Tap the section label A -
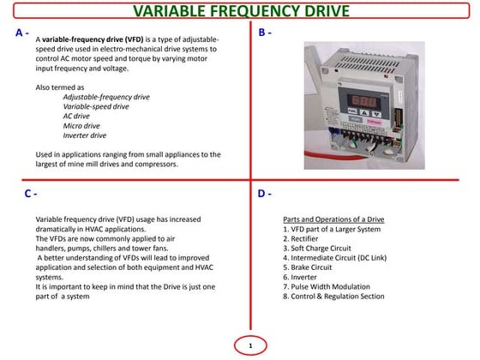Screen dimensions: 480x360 [22, 33]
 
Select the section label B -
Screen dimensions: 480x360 [265, 33]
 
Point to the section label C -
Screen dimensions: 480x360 [31, 194]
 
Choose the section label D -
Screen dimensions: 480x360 [265, 194]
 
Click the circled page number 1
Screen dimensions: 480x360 [250, 345]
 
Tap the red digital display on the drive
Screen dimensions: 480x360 [363, 100]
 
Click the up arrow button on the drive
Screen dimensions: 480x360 [364, 112]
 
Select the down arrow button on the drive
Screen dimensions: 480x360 [376, 114]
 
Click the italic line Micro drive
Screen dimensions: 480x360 [81, 126]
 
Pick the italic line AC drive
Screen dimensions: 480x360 [76, 116]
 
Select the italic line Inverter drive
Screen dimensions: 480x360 [85, 135]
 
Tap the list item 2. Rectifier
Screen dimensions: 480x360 [300, 239]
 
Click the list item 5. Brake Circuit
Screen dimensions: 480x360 [308, 267]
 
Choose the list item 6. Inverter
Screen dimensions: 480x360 [300, 278]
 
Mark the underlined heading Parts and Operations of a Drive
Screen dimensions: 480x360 [333, 219]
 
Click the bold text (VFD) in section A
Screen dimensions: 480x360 [134, 39]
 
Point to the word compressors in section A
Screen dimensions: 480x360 [156, 164]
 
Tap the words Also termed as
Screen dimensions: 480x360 [60, 87]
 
